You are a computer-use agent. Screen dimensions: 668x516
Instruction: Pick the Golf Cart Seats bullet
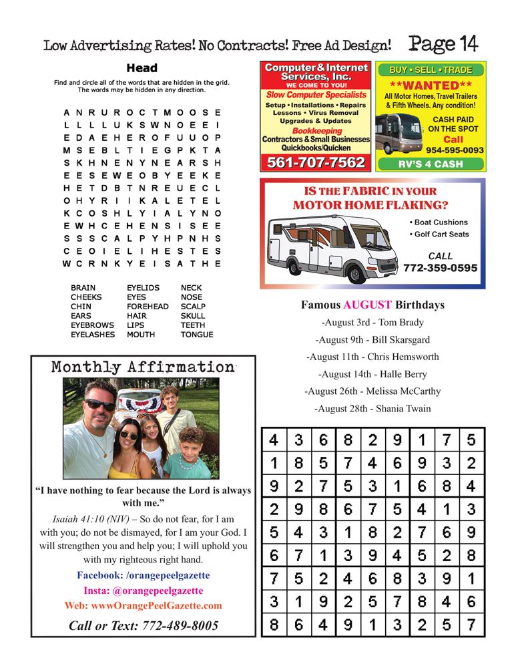(x=437, y=234)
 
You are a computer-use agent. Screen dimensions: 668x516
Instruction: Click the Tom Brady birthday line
(x=372, y=323)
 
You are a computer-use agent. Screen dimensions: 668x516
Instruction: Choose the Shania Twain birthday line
(x=372, y=408)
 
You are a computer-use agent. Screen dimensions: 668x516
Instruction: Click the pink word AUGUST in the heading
(x=367, y=305)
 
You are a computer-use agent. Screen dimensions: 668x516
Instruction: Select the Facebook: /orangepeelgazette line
(x=143, y=574)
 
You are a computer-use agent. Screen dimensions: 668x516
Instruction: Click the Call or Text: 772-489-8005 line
(x=143, y=625)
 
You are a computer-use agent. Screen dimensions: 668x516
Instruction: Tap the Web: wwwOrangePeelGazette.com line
(x=143, y=605)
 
